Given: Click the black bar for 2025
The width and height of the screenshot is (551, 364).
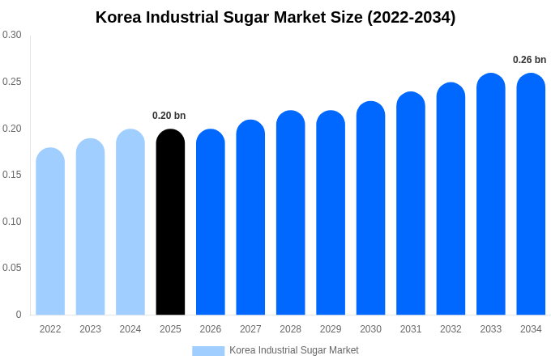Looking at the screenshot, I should (x=170, y=222).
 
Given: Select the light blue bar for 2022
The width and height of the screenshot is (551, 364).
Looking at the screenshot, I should (x=50, y=232).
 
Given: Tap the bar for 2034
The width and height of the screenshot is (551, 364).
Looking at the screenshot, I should (x=531, y=194).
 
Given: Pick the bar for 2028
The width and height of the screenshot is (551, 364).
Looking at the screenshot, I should (x=290, y=213).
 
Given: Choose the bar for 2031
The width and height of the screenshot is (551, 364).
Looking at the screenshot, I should (x=411, y=204).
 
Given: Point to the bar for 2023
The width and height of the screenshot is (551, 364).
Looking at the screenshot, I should (x=90, y=227).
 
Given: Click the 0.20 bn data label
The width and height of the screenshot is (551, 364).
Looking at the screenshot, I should (x=169, y=116).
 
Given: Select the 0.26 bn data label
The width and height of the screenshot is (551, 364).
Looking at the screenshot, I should (x=529, y=60).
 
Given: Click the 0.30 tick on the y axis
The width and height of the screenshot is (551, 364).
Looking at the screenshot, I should (x=12, y=35).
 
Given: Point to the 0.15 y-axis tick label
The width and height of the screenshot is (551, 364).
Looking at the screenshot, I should (x=12, y=175).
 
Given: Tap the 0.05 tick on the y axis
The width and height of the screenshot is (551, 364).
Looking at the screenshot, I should (x=12, y=268).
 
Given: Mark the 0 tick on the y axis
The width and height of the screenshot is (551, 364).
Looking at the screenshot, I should (x=19, y=315).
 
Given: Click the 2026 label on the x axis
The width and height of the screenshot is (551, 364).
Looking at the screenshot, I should (x=211, y=329).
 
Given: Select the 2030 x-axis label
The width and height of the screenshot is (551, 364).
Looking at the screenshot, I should (x=370, y=329).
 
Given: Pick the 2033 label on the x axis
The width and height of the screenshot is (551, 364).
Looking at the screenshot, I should (x=490, y=329).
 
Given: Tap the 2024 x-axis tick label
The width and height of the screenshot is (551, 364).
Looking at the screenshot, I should (x=130, y=329).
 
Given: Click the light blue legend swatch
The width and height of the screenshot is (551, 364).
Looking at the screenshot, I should (x=208, y=350).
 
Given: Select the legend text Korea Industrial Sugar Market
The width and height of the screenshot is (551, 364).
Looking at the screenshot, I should (x=293, y=350).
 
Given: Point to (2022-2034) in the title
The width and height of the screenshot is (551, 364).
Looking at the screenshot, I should (x=412, y=17).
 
